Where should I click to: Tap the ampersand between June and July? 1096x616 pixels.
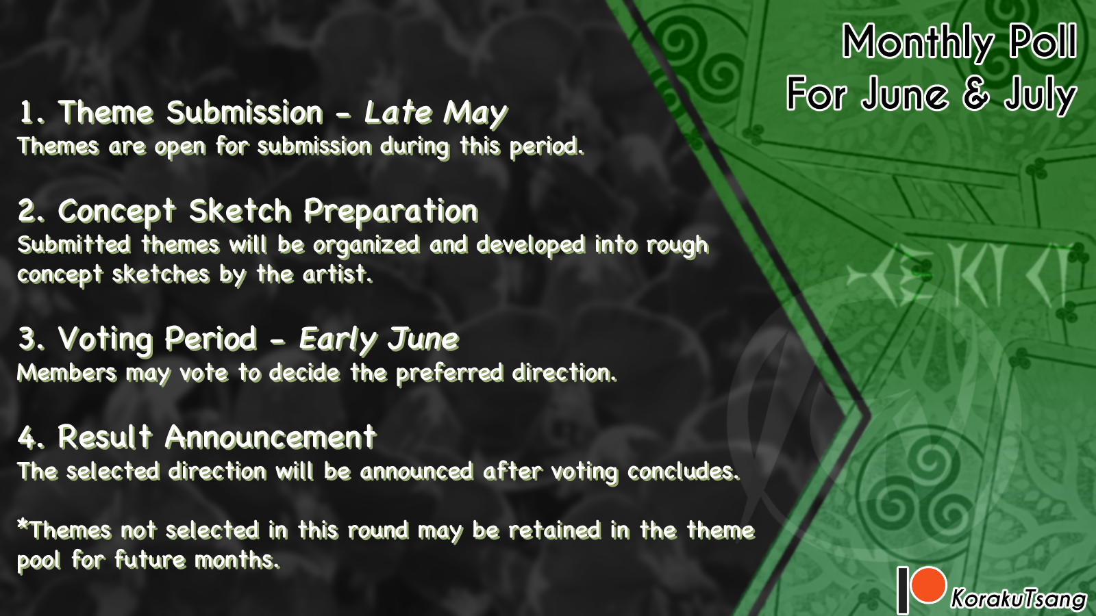point(975,94)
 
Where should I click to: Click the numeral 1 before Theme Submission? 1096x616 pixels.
point(27,112)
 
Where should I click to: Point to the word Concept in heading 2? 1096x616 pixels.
point(116,212)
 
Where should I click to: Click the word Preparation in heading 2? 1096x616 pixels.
point(391,212)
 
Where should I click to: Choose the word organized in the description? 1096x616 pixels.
point(366,246)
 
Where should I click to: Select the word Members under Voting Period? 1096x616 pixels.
point(67,373)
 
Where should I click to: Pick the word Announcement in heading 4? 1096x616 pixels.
point(271,437)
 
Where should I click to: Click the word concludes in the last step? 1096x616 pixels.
point(683,472)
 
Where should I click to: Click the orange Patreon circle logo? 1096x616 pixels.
point(928,585)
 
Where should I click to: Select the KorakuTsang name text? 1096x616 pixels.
point(1018,598)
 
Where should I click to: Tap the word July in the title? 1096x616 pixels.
point(1041,96)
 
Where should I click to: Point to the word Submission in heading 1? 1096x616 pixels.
point(245,112)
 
